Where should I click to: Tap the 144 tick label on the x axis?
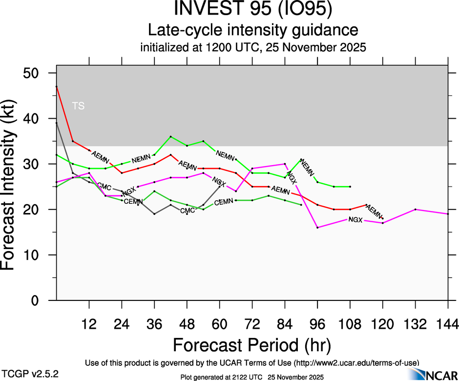(x=448, y=324)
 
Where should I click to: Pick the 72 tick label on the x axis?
(x=252, y=324)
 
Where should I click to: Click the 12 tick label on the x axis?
(x=89, y=324)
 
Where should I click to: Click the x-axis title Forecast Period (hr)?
(x=252, y=345)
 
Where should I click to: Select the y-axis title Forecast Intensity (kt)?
(x=12, y=187)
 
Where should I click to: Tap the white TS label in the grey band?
(x=78, y=106)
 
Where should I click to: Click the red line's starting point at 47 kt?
(x=57, y=86)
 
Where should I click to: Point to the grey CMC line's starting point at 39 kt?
(x=57, y=123)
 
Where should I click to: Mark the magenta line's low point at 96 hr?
(x=317, y=228)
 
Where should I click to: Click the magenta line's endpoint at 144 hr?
(x=448, y=214)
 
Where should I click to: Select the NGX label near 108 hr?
(x=355, y=220)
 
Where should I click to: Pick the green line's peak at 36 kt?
(x=170, y=137)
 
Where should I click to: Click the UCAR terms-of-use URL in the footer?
(x=356, y=363)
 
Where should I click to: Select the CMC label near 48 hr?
(x=188, y=211)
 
